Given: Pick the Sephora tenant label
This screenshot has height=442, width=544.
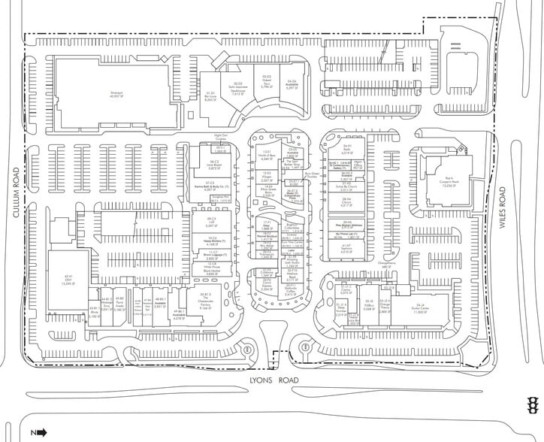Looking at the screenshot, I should [347, 247].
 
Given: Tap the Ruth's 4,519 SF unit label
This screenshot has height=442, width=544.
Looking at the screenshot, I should [347, 150].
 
